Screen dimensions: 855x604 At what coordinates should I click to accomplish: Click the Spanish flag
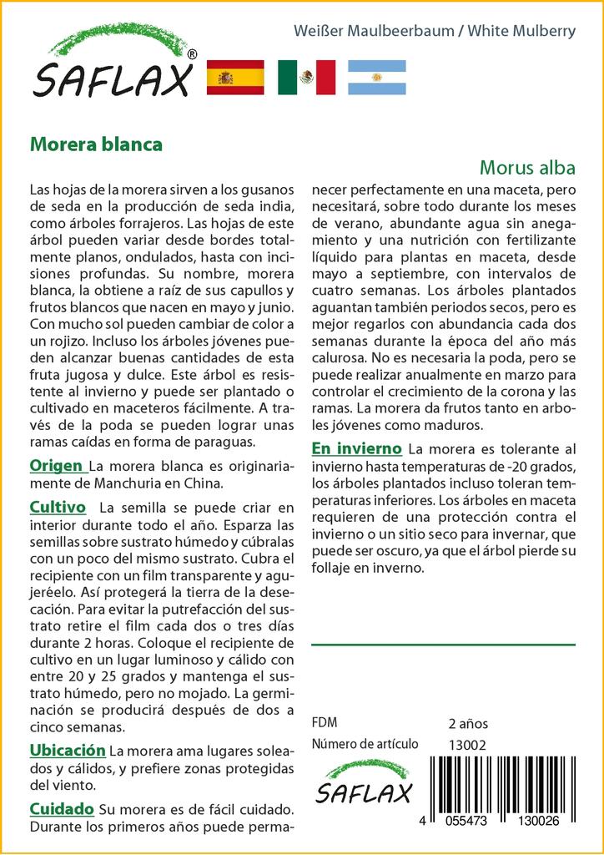[234, 78]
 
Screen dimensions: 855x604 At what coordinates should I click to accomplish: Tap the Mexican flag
[306, 78]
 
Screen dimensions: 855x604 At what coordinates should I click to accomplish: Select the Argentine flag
[376, 78]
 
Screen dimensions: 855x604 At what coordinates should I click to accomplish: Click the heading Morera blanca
[96, 144]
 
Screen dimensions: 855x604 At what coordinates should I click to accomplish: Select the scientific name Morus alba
[527, 167]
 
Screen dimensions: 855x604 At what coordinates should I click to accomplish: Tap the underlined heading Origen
[56, 465]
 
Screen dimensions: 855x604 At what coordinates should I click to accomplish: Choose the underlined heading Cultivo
[58, 507]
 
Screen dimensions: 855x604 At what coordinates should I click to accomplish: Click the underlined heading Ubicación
[68, 750]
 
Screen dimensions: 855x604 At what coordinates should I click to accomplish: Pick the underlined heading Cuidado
[61, 809]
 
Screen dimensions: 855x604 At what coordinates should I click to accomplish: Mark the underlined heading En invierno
[356, 448]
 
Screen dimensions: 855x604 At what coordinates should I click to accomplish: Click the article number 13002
[467, 745]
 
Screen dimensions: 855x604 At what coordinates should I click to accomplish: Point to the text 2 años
[468, 723]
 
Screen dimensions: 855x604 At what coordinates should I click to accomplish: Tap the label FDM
[324, 723]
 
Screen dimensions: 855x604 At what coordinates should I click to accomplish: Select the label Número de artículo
[365, 745]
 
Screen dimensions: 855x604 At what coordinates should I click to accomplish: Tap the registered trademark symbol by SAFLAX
[193, 54]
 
